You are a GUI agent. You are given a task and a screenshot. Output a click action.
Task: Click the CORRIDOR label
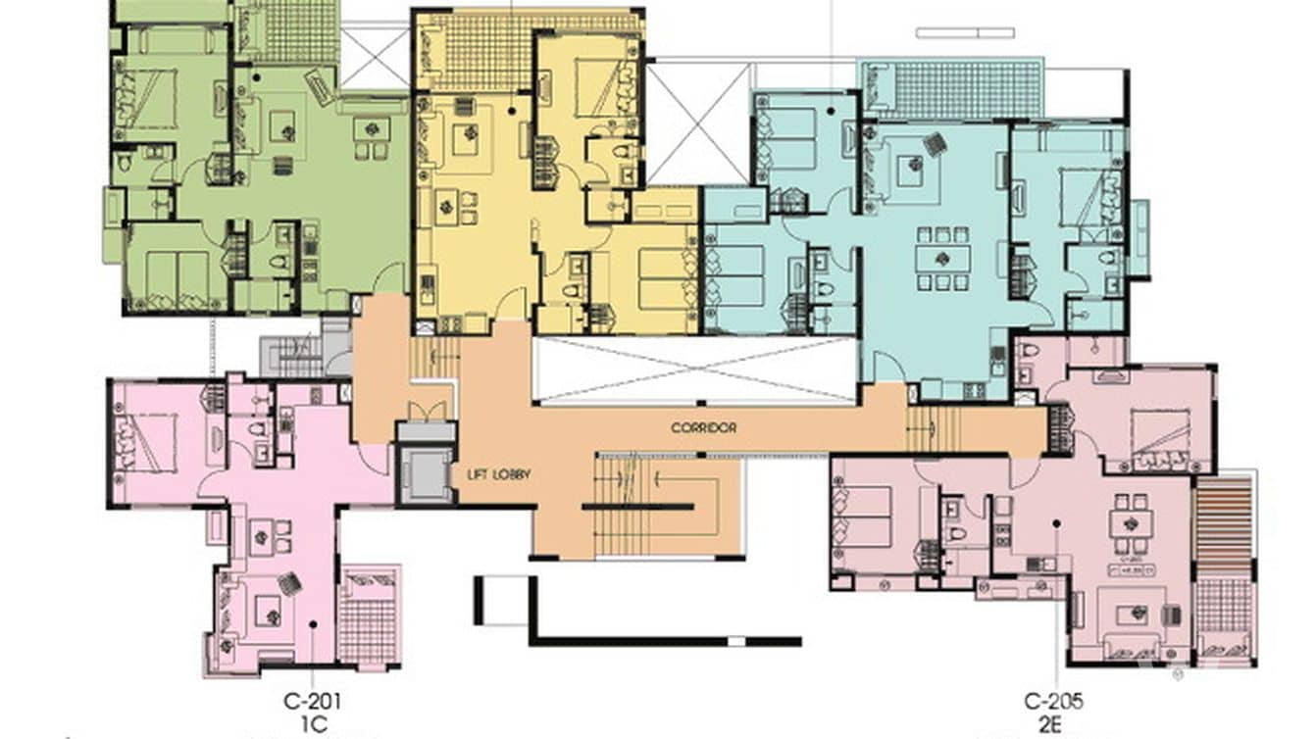tap(703, 428)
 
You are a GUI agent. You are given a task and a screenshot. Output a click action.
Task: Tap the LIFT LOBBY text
tap(499, 474)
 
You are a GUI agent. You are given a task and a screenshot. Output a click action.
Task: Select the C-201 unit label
tap(312, 701)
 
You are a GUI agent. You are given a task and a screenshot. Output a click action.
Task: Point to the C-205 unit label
tap(1054, 701)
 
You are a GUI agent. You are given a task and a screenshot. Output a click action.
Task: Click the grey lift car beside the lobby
tap(426, 473)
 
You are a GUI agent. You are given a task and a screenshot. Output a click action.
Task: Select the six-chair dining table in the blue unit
tap(942, 259)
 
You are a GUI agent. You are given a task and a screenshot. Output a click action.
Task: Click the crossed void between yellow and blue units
tap(698, 123)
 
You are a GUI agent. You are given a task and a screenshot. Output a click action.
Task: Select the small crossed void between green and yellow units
tap(374, 57)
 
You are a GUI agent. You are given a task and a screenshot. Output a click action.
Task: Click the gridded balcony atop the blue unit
tap(951, 90)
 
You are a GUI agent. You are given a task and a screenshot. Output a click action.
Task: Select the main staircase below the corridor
tap(637, 506)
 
